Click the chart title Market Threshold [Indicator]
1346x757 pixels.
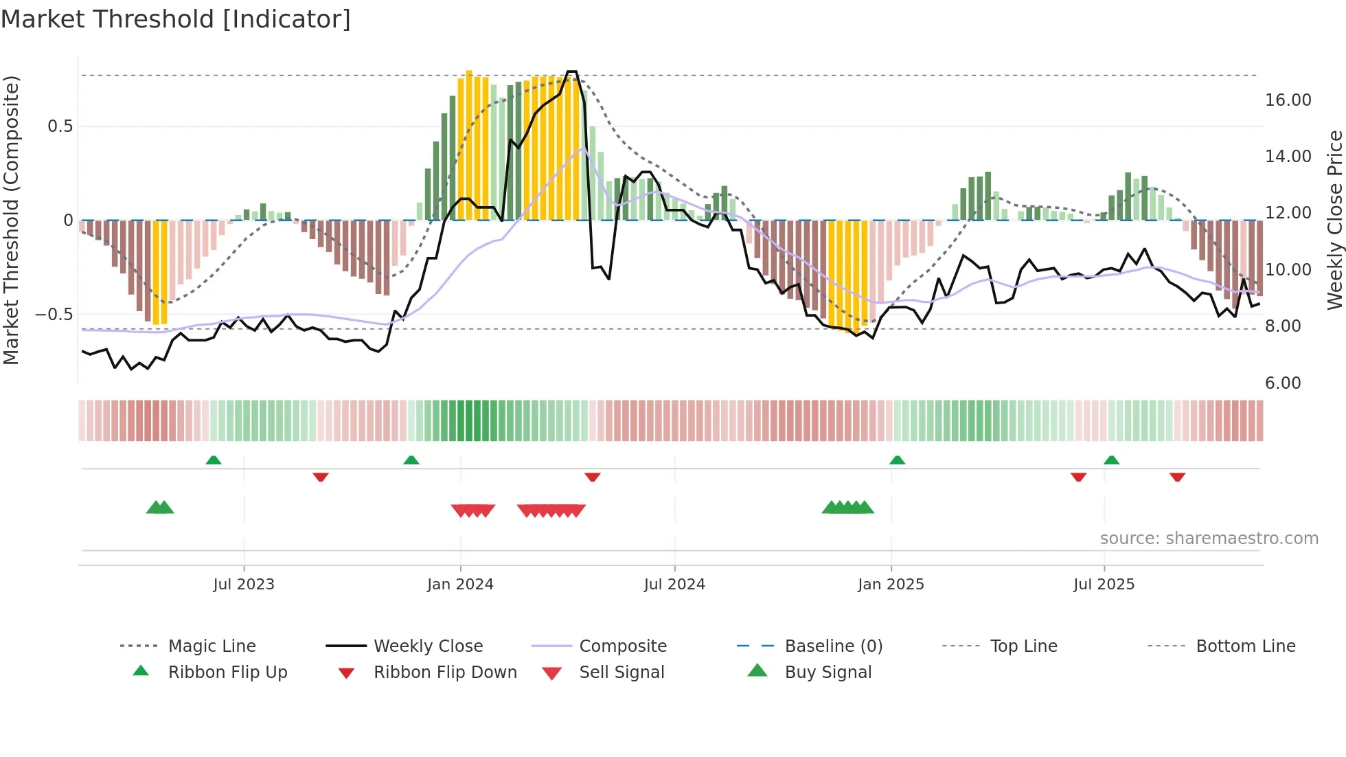(x=176, y=19)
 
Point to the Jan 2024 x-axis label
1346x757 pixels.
(x=460, y=585)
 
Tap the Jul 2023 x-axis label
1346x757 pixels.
(x=244, y=585)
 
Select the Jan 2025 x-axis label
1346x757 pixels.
(x=891, y=585)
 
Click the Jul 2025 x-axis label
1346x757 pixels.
(x=1104, y=585)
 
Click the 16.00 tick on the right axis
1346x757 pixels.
(x=1288, y=100)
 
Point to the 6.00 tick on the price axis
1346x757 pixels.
(x=1283, y=383)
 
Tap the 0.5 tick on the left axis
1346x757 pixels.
(x=60, y=126)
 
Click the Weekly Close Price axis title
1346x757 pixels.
(x=1334, y=220)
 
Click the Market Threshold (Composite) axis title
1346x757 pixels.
(x=11, y=220)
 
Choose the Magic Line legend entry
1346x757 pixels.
(x=212, y=646)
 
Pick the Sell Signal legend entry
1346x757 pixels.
(x=621, y=673)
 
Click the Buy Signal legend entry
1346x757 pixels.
(x=828, y=673)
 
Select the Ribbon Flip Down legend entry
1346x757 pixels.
(x=445, y=673)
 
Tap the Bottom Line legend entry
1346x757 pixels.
(x=1245, y=646)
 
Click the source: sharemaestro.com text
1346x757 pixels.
(x=1209, y=539)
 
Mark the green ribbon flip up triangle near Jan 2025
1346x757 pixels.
(x=897, y=460)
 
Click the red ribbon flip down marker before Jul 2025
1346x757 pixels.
(x=1078, y=477)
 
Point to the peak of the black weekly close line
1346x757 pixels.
(x=571, y=71)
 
